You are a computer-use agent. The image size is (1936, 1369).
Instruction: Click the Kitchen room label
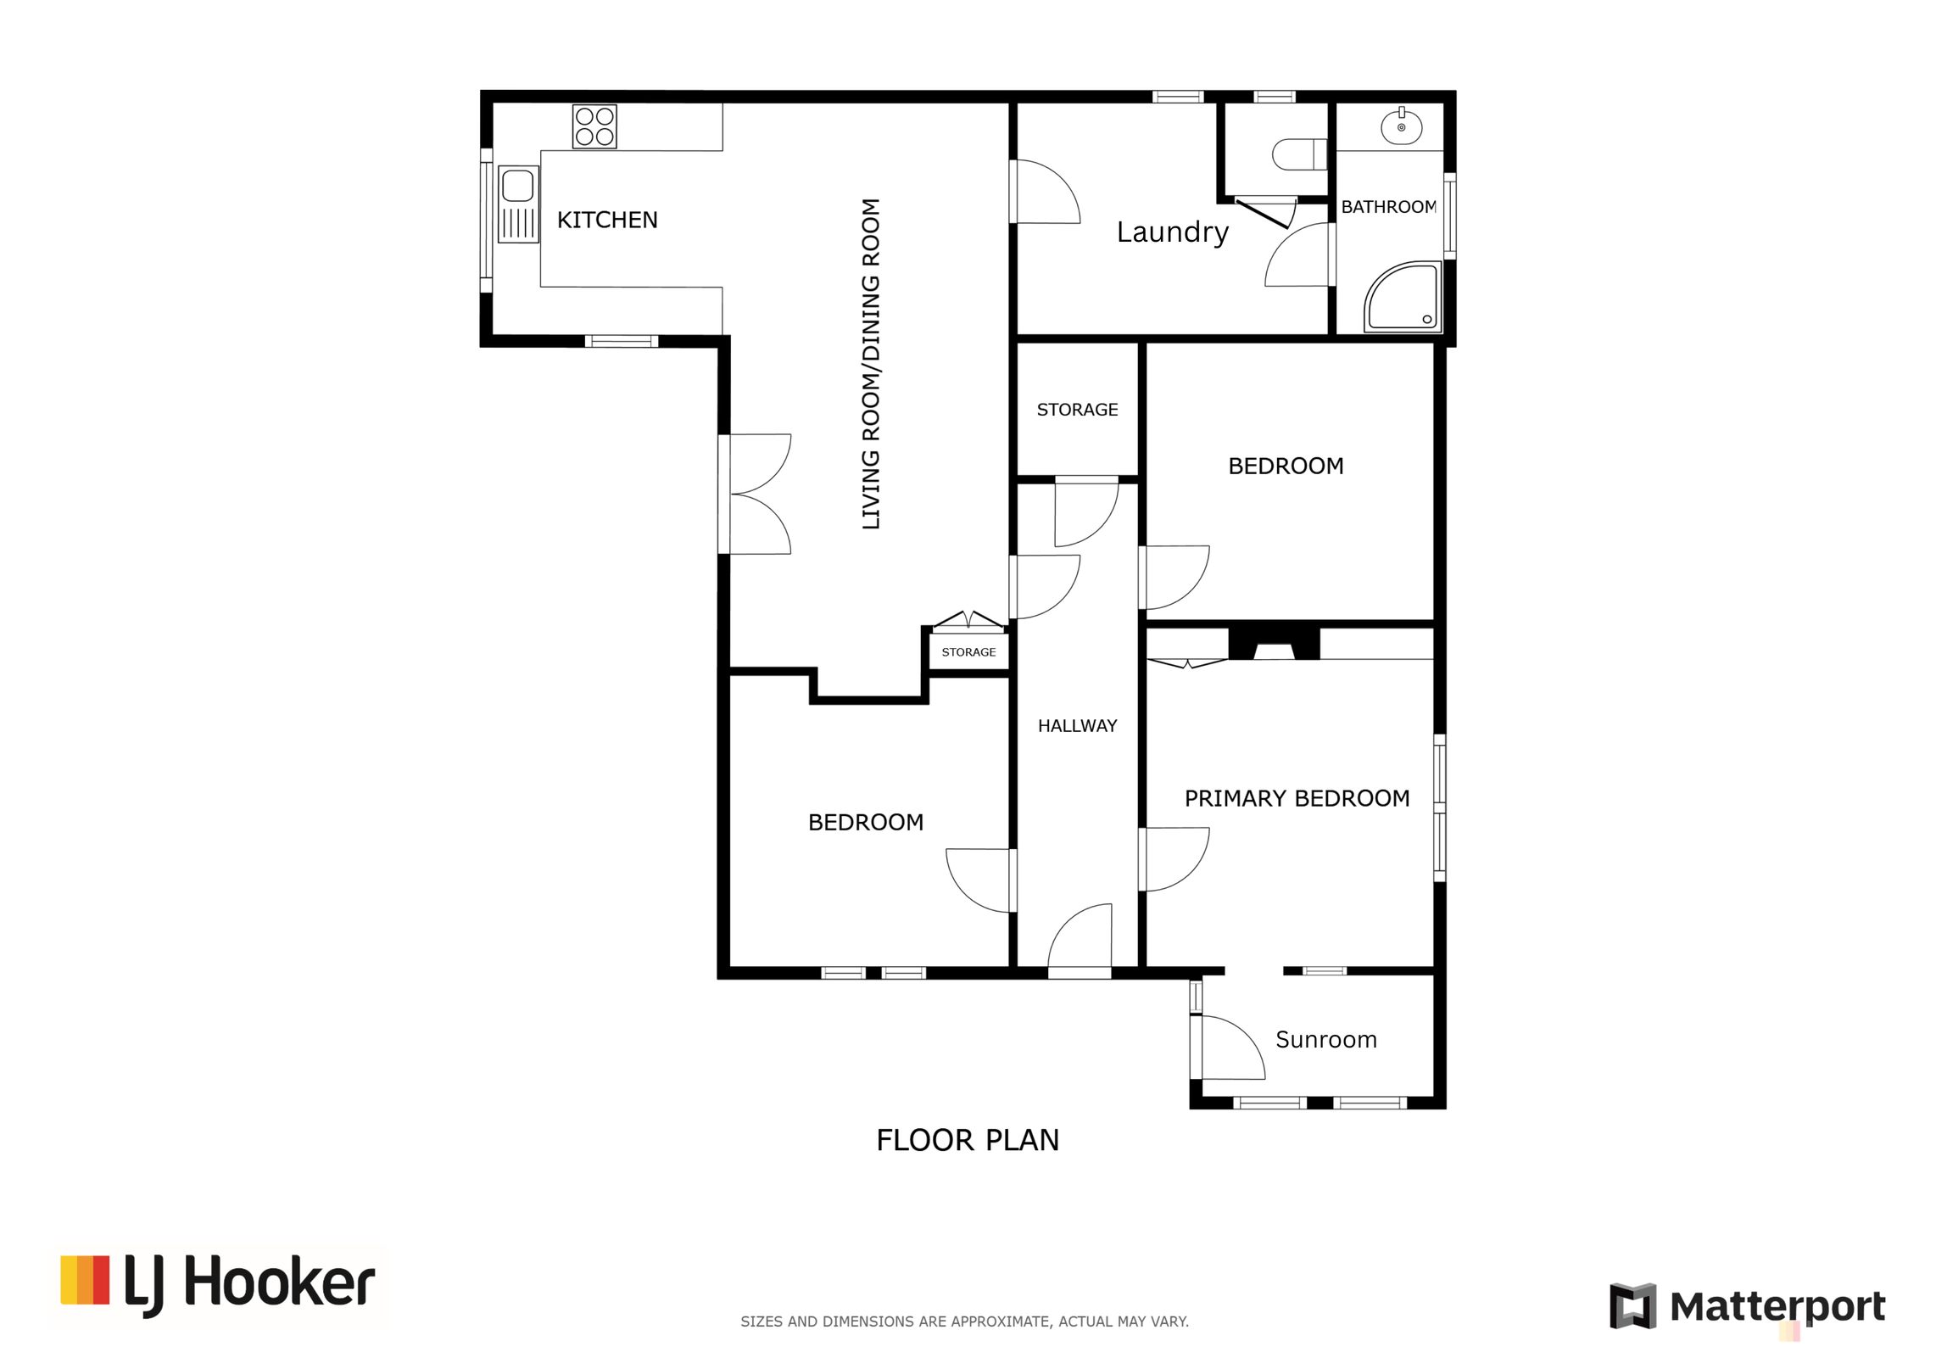tap(607, 220)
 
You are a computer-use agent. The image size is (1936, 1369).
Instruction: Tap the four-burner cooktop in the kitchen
tap(594, 126)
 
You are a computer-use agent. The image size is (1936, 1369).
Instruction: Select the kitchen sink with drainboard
tap(518, 204)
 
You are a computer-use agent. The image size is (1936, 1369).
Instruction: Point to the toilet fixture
tap(1299, 154)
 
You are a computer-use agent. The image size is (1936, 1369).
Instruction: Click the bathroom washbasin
tap(1401, 127)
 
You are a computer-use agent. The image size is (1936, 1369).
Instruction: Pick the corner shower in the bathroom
tap(1403, 296)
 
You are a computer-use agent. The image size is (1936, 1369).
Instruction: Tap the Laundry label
tap(1172, 232)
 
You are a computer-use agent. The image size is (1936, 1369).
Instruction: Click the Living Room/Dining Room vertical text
tap(871, 364)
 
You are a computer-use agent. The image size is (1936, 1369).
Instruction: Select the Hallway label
tap(1077, 726)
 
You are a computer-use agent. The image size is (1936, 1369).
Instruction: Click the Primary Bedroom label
tap(1297, 798)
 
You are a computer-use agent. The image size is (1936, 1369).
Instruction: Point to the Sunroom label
tap(1325, 1040)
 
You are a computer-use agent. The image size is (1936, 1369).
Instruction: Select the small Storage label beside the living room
tap(968, 652)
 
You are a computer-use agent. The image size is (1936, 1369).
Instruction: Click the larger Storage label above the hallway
tap(1077, 410)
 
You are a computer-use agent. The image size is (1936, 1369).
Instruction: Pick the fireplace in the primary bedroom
tap(1274, 644)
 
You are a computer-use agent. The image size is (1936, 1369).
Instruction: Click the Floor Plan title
tap(968, 1140)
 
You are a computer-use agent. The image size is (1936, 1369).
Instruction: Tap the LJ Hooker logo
tap(218, 1284)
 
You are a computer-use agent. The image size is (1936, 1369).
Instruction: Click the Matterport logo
tap(1747, 1306)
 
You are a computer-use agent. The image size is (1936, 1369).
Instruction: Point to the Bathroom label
tap(1388, 207)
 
